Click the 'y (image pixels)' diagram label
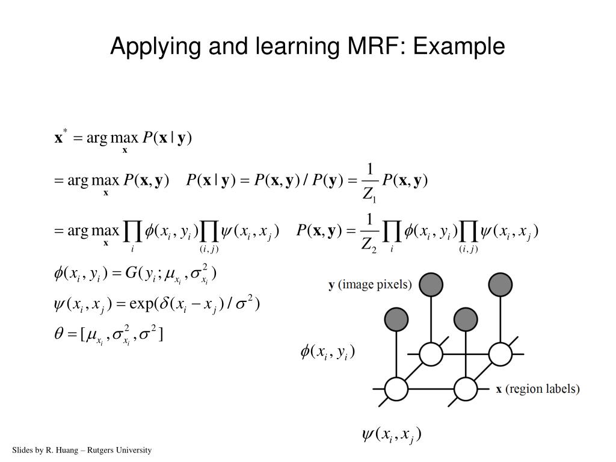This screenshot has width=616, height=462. (370, 285)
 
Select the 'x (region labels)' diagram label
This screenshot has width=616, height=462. (538, 389)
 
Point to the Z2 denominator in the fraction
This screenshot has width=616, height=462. (369, 244)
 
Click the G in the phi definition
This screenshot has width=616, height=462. (131, 274)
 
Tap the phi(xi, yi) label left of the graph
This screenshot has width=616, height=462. (328, 352)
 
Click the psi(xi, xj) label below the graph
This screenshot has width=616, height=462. (391, 434)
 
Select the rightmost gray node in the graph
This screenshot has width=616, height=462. (500, 284)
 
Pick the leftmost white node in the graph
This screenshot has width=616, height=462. (396, 389)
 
